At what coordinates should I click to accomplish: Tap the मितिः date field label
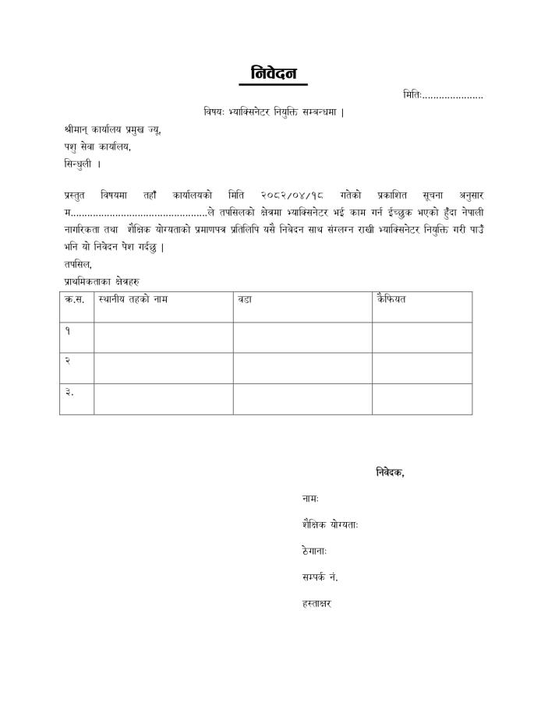click(x=413, y=95)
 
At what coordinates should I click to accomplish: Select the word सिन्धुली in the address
click(x=79, y=164)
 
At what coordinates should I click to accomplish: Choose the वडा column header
click(x=245, y=299)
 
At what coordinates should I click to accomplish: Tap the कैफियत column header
click(x=391, y=299)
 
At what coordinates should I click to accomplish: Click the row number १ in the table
click(x=68, y=330)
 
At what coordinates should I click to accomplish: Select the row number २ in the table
click(x=68, y=362)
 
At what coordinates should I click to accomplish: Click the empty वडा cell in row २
click(x=302, y=368)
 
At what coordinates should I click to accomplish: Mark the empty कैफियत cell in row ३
click(x=421, y=398)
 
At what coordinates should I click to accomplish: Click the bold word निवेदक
click(x=390, y=471)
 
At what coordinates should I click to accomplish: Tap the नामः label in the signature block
click(x=309, y=498)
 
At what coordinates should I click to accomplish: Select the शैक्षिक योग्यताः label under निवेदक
click(x=330, y=524)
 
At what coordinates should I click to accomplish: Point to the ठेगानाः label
click(x=314, y=551)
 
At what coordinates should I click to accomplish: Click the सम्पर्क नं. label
click(x=320, y=577)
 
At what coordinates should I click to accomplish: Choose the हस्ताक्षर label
click(x=316, y=604)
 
